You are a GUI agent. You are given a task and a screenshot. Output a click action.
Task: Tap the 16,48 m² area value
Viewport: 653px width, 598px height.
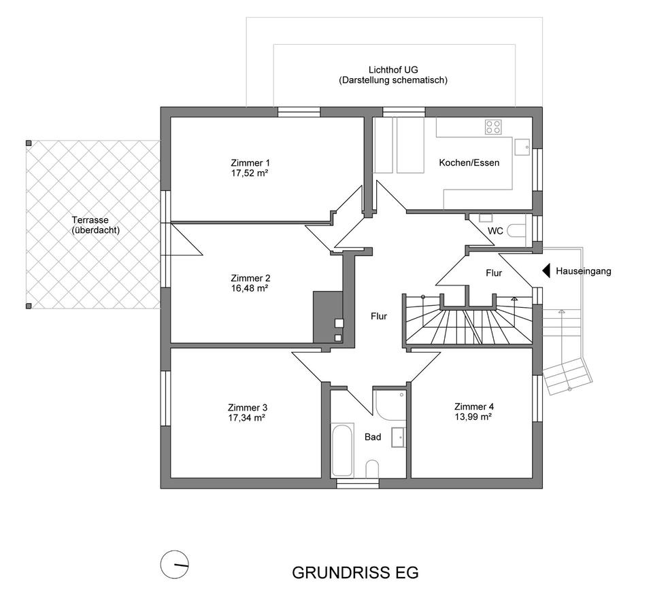click(x=250, y=288)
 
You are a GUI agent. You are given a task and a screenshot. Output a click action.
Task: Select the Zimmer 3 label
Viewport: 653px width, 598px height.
click(x=248, y=408)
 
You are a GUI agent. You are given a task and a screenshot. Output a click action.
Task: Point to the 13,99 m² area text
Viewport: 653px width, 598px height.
click(x=473, y=417)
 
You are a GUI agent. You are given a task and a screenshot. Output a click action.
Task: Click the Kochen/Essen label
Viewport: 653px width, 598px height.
click(x=469, y=162)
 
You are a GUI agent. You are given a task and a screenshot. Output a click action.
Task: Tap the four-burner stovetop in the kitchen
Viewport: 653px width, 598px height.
click(x=493, y=127)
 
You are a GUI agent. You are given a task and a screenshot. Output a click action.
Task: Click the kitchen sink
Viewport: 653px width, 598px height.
click(x=522, y=147)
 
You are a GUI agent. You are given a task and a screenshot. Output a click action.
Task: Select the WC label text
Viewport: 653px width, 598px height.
click(x=495, y=231)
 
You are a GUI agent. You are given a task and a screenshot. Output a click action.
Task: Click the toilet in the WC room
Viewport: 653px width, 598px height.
click(x=518, y=231)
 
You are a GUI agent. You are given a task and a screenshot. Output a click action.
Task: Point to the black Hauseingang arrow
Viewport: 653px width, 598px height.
click(x=546, y=271)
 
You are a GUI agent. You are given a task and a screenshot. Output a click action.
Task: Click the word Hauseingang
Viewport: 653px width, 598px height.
click(x=584, y=271)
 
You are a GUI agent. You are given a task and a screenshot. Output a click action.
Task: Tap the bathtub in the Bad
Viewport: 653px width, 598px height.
click(x=342, y=449)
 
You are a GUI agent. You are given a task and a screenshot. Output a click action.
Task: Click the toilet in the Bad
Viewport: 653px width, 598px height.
click(x=372, y=469)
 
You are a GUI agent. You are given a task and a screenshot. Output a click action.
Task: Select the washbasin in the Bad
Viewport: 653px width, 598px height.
click(x=399, y=437)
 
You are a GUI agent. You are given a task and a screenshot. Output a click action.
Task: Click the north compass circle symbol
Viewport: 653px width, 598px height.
click(x=175, y=564)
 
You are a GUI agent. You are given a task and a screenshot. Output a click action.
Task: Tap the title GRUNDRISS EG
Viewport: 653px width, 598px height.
click(x=355, y=573)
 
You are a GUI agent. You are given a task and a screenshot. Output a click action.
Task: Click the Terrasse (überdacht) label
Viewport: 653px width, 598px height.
click(x=95, y=225)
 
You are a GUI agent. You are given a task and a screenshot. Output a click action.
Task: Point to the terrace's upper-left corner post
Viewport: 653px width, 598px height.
click(x=29, y=143)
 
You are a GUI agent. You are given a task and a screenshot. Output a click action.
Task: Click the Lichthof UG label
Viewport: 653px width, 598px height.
click(x=393, y=70)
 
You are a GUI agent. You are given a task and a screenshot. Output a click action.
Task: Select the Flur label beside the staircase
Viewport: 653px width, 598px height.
click(x=494, y=273)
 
